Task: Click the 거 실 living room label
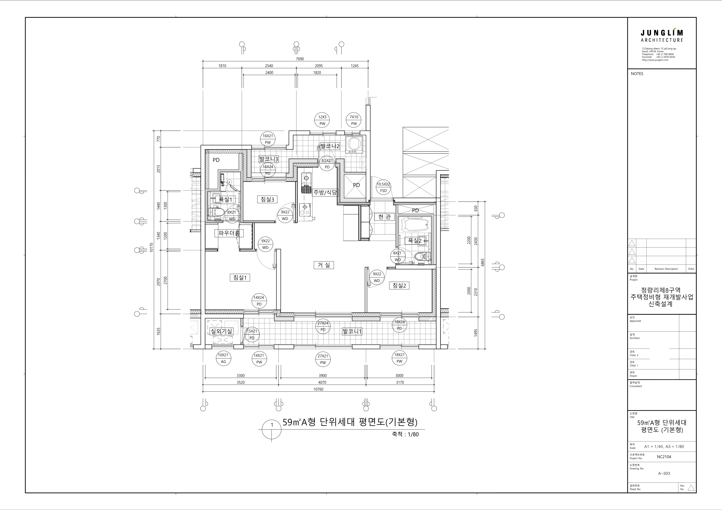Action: click(324, 265)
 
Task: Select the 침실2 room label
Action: click(399, 285)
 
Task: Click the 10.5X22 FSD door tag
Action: click(383, 187)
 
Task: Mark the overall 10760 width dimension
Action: click(318, 389)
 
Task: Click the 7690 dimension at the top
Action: click(300, 59)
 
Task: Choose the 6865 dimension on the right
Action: click(483, 262)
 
